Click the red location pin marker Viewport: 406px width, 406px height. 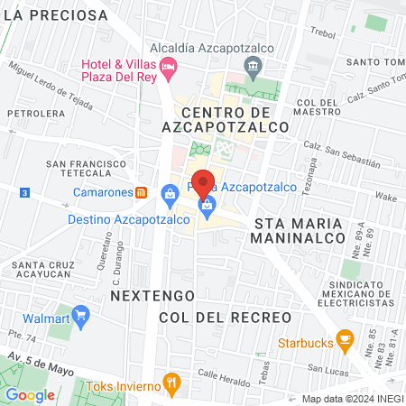pos(204,185)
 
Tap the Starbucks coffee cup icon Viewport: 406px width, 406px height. pos(344,340)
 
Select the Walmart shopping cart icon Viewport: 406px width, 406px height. pos(82,317)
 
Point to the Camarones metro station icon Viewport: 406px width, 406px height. pos(141,192)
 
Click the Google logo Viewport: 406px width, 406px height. pos(31,394)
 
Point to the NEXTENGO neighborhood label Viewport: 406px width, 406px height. pos(141,295)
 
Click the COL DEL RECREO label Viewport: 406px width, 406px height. pos(225,317)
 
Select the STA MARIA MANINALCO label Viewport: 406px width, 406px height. pos(300,229)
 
